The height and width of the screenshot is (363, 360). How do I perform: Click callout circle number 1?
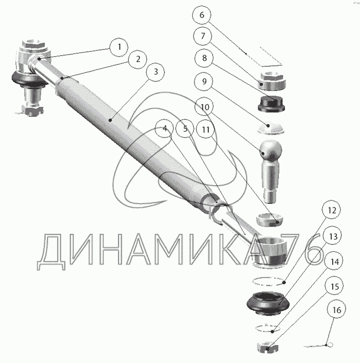point(119,47)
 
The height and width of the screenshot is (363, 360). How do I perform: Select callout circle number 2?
point(137,59)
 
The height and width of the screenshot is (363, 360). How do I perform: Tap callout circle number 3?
point(155,73)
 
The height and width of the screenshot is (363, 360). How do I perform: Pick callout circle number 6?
point(202,15)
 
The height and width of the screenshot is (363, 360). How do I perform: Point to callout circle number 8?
point(204,58)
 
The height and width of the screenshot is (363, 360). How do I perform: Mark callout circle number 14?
point(335,262)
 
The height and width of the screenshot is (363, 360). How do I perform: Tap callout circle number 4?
point(165,129)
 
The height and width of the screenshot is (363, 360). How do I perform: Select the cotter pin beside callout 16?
point(319,345)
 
